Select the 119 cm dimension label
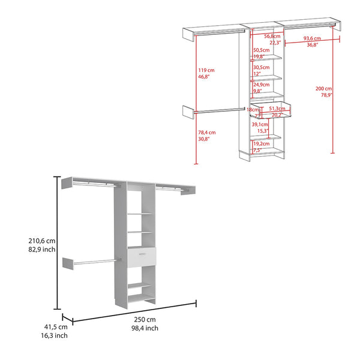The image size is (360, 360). click(206, 70)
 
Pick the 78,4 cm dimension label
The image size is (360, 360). click(208, 133)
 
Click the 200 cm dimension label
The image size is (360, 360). click(324, 88)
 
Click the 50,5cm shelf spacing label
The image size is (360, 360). click(260, 50)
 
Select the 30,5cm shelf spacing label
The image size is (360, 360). click(260, 67)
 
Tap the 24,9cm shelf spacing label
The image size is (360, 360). click(260, 85)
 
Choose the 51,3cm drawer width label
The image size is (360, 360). click(276, 109)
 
